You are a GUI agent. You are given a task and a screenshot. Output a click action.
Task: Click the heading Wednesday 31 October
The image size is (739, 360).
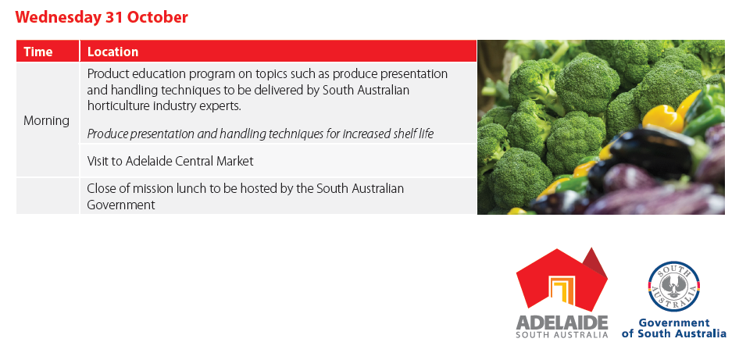102,17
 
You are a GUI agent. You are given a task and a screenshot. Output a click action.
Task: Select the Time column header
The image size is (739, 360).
38,52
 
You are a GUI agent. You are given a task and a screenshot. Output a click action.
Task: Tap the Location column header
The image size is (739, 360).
113,52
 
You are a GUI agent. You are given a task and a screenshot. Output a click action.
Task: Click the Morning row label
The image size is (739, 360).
46,120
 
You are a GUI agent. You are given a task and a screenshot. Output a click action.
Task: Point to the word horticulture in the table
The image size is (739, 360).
118,106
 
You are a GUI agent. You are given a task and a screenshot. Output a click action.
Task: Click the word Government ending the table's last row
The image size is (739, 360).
120,205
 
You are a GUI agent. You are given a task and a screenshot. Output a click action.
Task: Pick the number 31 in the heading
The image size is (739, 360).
116,17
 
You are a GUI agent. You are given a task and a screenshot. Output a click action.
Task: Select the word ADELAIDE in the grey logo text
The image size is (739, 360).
562,323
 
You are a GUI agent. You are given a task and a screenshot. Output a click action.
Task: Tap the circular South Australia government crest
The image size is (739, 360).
674,286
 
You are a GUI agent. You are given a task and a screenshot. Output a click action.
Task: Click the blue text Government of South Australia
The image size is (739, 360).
674,328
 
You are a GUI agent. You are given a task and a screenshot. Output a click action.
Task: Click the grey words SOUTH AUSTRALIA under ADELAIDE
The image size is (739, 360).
562,335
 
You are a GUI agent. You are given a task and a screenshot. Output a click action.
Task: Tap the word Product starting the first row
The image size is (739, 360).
105,74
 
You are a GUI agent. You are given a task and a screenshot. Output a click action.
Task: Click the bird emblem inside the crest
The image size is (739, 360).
674,286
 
